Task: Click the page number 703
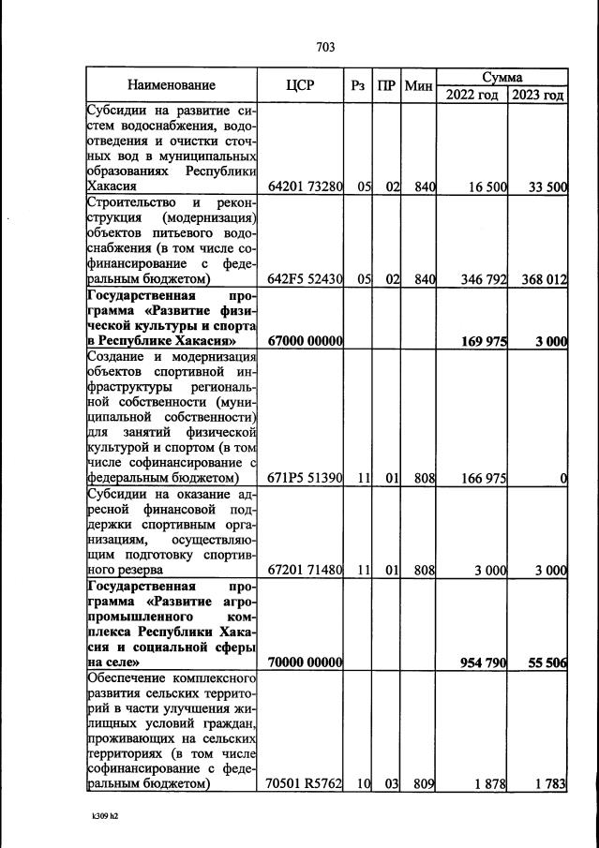click(326, 47)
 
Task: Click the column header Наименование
click(172, 85)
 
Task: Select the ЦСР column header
click(301, 85)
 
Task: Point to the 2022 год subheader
click(473, 95)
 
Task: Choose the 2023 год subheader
click(537, 95)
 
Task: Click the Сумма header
click(503, 77)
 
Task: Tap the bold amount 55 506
click(545, 662)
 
